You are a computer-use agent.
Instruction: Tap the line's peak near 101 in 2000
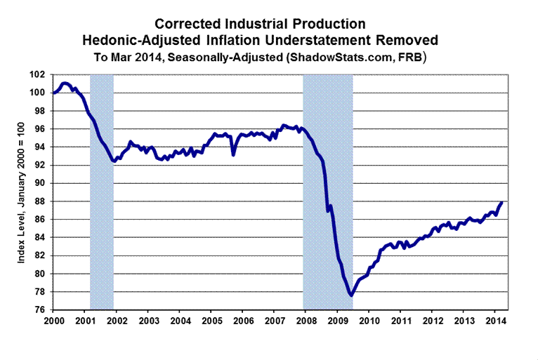(x=64, y=83)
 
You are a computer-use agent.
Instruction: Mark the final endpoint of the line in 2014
(x=502, y=202)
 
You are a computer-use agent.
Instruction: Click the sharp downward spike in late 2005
(x=233, y=154)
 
